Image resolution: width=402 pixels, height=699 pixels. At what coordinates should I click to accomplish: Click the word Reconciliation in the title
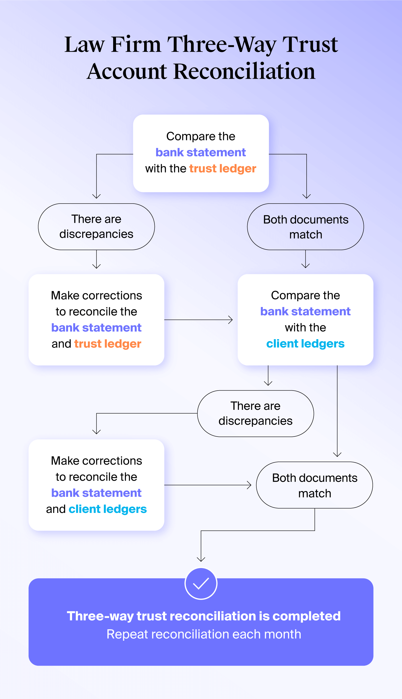[x=244, y=72]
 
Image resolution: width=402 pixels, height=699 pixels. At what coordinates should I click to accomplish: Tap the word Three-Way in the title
[x=221, y=45]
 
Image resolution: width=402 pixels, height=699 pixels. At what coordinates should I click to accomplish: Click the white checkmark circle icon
[x=201, y=584]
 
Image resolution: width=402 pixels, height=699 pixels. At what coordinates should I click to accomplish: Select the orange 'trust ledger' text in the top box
[x=223, y=169]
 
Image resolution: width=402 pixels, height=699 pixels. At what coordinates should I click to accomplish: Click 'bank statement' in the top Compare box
[x=201, y=152]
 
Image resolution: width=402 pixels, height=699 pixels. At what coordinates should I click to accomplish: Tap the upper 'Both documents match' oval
[x=306, y=227]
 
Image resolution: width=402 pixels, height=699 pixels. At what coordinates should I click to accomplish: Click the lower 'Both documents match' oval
[x=314, y=485]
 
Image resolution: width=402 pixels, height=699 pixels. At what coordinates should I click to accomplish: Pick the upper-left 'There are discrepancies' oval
[x=96, y=227]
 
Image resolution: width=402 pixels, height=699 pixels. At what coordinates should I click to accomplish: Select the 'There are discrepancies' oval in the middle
[x=256, y=414]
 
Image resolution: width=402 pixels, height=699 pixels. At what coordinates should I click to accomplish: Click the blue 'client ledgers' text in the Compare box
[x=305, y=344]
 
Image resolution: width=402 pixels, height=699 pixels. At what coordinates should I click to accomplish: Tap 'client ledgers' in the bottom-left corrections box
[x=108, y=509]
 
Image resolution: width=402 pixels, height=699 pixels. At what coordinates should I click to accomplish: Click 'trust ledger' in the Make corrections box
[x=108, y=344]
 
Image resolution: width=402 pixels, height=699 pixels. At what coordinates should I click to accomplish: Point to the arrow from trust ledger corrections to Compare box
[x=198, y=320]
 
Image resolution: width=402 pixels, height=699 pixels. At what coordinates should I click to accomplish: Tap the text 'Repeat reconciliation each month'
[x=204, y=634]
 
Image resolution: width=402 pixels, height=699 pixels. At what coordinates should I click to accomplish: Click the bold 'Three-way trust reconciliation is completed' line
[x=204, y=616]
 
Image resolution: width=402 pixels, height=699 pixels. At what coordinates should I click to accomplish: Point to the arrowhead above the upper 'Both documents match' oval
[x=307, y=196]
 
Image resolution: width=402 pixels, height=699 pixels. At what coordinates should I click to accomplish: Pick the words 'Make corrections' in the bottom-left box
[x=96, y=461]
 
